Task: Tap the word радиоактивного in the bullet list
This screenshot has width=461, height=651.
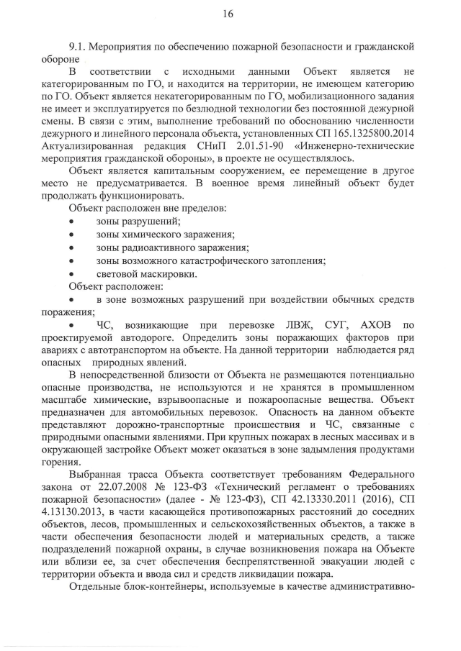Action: [154, 247]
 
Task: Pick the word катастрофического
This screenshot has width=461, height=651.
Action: [227, 260]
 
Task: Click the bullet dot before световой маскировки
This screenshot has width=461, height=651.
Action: [71, 273]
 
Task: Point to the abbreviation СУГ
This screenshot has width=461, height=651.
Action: [334, 325]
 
